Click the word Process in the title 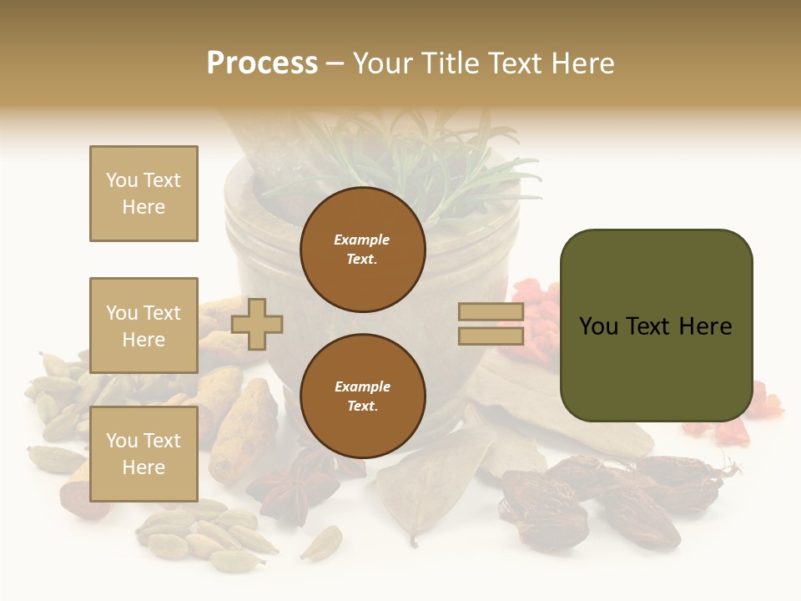pos(262,63)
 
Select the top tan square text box pos(144,194)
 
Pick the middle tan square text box pos(144,326)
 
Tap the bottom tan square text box pos(144,453)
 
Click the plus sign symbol pos(257,325)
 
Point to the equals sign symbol pos(491,324)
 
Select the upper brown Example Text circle pos(362,249)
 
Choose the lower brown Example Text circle pos(362,396)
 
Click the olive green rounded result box pos(656,326)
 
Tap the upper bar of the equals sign pos(491,312)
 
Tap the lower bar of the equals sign pos(491,336)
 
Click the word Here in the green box pos(705,326)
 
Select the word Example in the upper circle pos(362,240)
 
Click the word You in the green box pos(599,326)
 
